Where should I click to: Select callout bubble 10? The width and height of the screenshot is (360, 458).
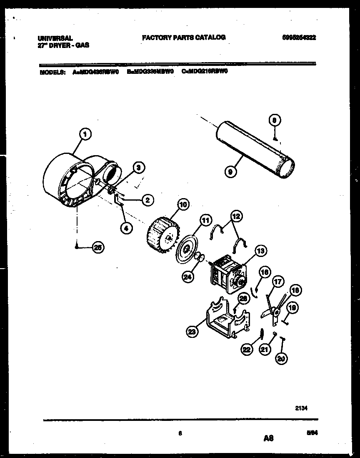pyautogui.click(x=182, y=204)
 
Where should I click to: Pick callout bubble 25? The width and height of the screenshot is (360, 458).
pyautogui.click(x=98, y=247)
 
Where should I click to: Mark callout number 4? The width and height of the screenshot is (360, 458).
pyautogui.click(x=126, y=228)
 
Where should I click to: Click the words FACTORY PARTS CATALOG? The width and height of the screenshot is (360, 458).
pyautogui.click(x=184, y=38)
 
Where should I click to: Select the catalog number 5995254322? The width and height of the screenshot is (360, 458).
pyautogui.click(x=299, y=38)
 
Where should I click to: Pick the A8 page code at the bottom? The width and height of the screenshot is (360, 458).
pyautogui.click(x=268, y=438)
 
